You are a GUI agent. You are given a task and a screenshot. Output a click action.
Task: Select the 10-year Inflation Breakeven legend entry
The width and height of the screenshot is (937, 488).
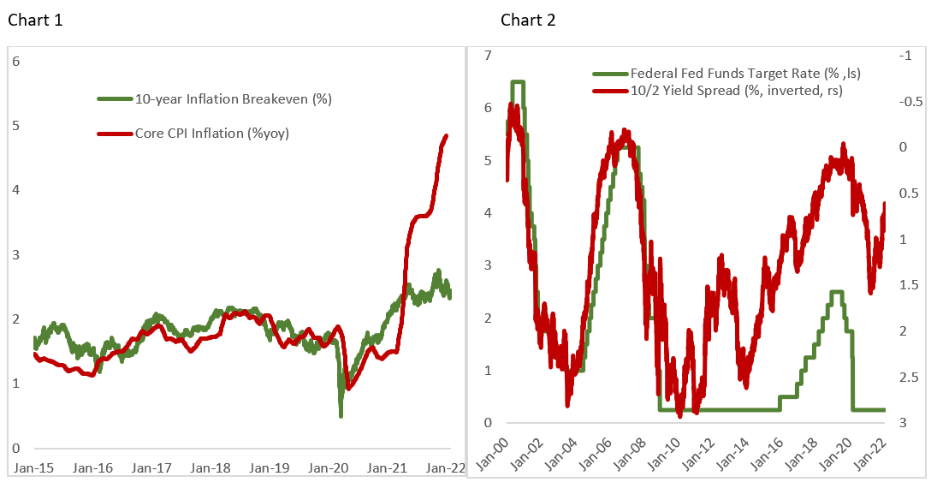233,99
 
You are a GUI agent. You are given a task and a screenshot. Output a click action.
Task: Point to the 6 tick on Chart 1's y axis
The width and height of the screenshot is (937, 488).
15,61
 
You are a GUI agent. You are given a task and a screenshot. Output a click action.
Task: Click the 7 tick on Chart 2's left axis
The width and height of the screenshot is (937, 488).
489,56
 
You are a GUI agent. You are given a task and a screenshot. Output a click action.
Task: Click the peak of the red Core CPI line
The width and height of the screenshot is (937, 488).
447,136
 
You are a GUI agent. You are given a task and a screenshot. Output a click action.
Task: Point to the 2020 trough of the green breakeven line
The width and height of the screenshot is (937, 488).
341,415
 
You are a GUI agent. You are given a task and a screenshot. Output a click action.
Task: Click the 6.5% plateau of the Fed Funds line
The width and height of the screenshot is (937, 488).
518,82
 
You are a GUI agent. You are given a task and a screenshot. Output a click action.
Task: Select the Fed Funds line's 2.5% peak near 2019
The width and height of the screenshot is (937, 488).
837,292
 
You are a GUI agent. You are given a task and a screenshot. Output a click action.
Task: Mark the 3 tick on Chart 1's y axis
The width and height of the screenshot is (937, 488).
15,254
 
